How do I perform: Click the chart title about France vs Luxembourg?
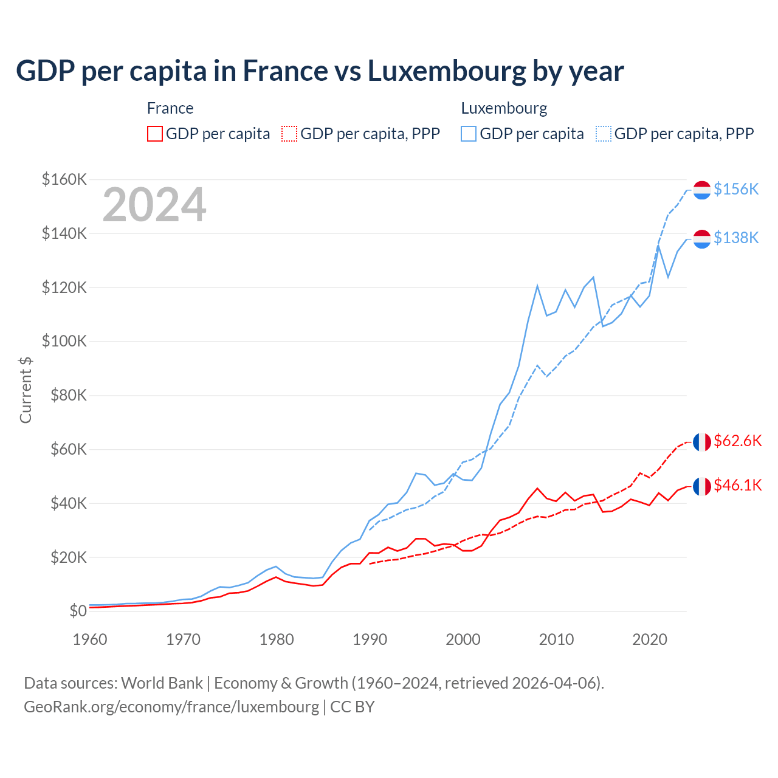point(320,71)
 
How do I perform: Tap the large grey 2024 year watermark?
point(154,205)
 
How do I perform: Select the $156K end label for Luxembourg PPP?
point(736,189)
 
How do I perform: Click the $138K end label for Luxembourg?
point(736,238)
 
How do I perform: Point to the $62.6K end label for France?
point(737,441)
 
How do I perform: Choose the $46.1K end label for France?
point(737,485)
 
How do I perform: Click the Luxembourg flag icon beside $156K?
point(702,190)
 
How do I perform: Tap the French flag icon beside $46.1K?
point(702,486)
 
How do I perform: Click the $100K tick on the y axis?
point(64,341)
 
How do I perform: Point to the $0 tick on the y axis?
point(78,611)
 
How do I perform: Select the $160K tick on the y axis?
point(64,179)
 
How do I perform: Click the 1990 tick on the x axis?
point(370,639)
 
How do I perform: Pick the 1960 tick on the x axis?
point(90,639)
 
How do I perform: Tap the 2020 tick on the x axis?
point(650,639)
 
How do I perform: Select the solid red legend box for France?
point(155,134)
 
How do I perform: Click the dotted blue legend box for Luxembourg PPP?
point(604,134)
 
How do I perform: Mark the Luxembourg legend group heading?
point(504,108)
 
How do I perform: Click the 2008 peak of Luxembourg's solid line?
point(537,286)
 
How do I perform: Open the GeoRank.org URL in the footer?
point(171,707)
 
